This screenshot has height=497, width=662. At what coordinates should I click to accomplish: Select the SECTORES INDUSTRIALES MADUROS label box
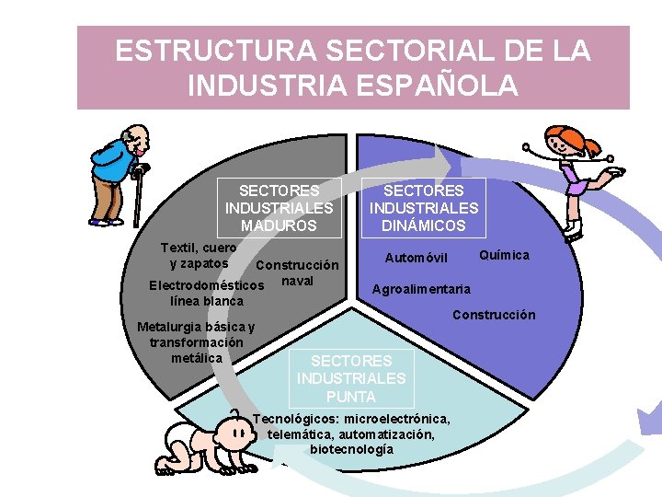pos(279,208)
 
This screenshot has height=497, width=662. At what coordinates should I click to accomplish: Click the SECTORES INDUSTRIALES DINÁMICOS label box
pos(424,208)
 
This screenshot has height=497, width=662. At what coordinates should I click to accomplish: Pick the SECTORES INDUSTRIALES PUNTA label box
pos(350,378)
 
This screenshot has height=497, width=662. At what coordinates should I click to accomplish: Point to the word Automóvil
pos(416,257)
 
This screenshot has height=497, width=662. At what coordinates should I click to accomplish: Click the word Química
pos(504,255)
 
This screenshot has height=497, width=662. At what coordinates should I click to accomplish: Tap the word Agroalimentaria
pos(420,289)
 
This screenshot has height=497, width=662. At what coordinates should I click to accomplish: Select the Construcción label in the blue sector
pos(493,315)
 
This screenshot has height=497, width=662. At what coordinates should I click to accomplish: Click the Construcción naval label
pos(298,272)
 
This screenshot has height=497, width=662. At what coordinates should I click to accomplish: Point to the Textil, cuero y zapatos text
pos(198,255)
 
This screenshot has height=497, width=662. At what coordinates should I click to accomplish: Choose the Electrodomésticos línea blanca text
pos(206,293)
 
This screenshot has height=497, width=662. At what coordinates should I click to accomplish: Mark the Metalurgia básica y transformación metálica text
pos(196,341)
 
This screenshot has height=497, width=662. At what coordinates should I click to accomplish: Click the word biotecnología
pos(351,449)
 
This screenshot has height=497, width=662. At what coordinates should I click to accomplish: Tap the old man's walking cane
pos(138,198)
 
